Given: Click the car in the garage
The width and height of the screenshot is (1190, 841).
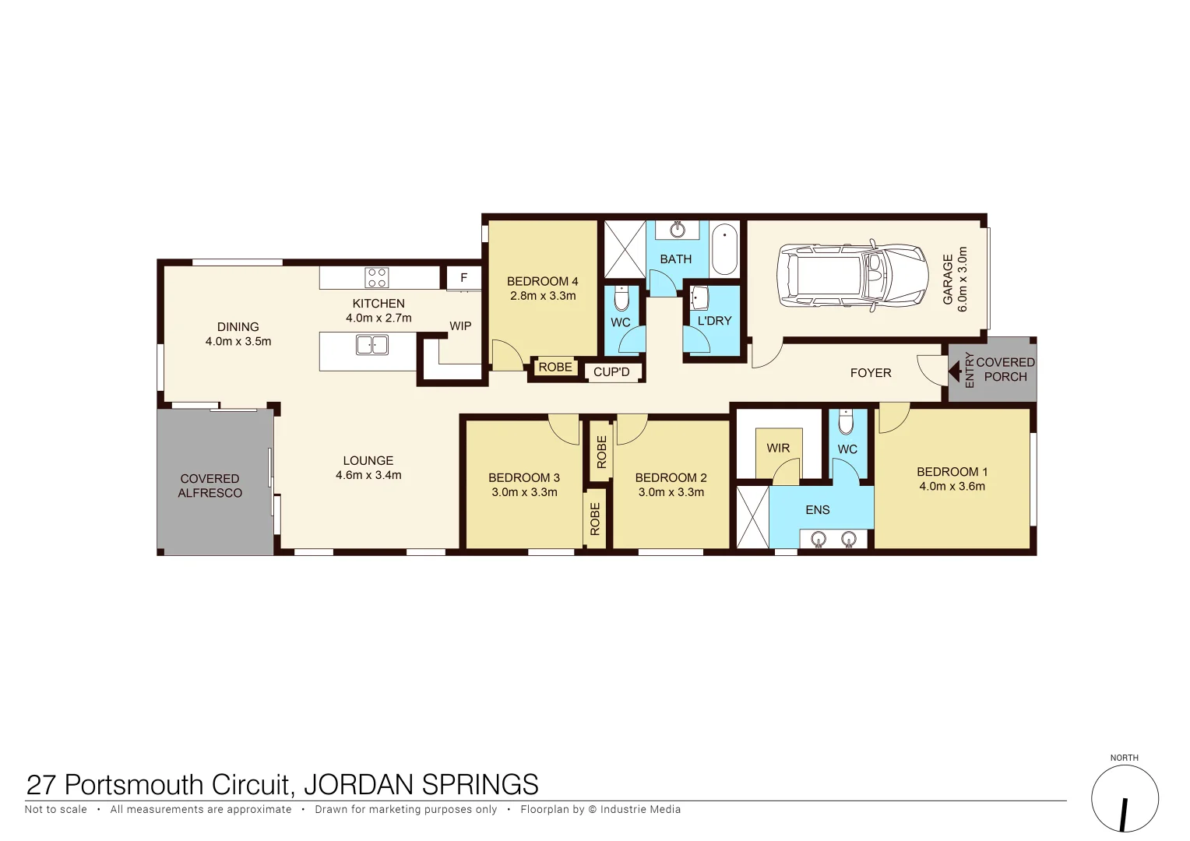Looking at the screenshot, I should point(853,276).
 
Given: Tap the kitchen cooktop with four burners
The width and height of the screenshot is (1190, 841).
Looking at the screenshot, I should point(377,277).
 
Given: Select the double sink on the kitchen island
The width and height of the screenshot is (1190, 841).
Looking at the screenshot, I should point(372,344).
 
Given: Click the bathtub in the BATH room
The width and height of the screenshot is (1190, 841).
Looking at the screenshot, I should point(724,248).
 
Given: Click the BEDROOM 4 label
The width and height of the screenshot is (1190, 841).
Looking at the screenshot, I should point(542,281).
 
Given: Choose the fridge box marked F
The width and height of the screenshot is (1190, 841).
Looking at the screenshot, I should point(463,277).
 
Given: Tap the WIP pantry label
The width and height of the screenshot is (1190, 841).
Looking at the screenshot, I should point(460,326).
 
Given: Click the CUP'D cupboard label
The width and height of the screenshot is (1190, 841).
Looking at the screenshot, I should point(611,372).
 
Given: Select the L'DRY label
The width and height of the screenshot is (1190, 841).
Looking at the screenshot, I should point(714,321).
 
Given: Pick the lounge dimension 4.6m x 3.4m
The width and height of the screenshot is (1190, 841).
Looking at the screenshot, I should point(368,475).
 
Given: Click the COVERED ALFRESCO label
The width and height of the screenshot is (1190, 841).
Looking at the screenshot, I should point(210,486).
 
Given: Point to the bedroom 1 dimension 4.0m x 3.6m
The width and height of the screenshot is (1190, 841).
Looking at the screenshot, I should point(952,487).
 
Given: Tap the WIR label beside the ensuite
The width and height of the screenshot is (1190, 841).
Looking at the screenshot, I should point(778,448).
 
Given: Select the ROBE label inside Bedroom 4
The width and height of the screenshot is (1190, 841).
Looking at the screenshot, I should point(555,368).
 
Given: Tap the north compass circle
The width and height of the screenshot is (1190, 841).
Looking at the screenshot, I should point(1124,799).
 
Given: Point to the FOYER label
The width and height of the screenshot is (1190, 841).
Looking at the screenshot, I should point(871,373).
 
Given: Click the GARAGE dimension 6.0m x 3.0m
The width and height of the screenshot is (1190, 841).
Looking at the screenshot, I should point(962,280).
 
